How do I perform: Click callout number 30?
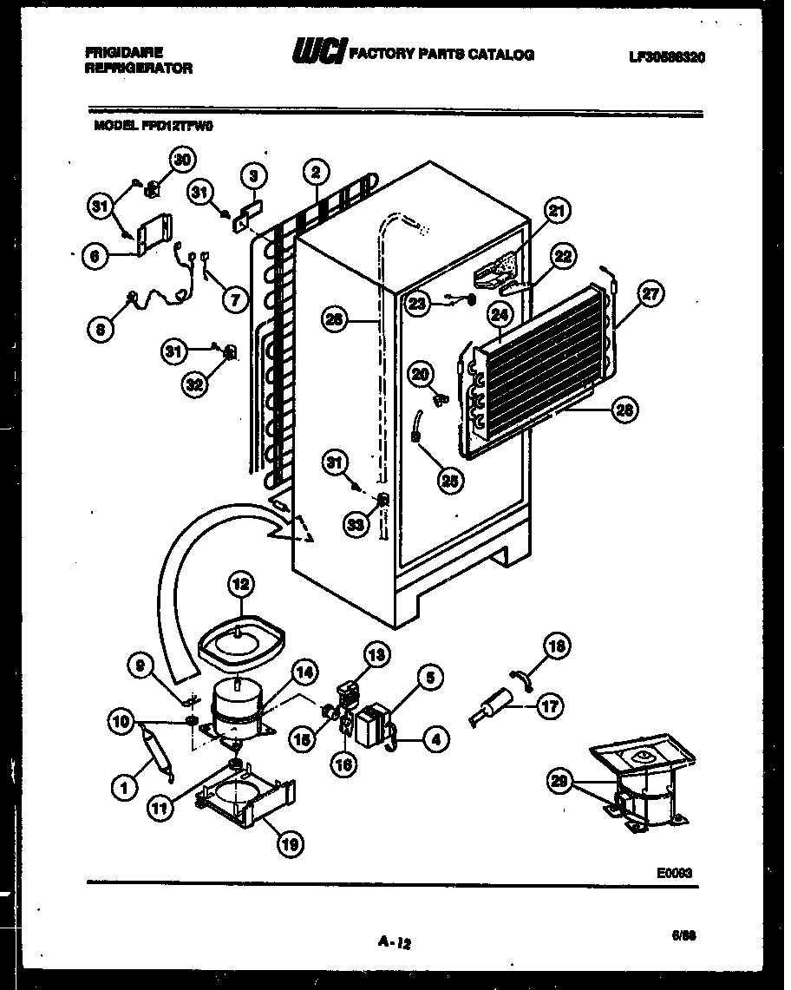coord(181,160)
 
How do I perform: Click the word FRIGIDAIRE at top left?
coord(125,52)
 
